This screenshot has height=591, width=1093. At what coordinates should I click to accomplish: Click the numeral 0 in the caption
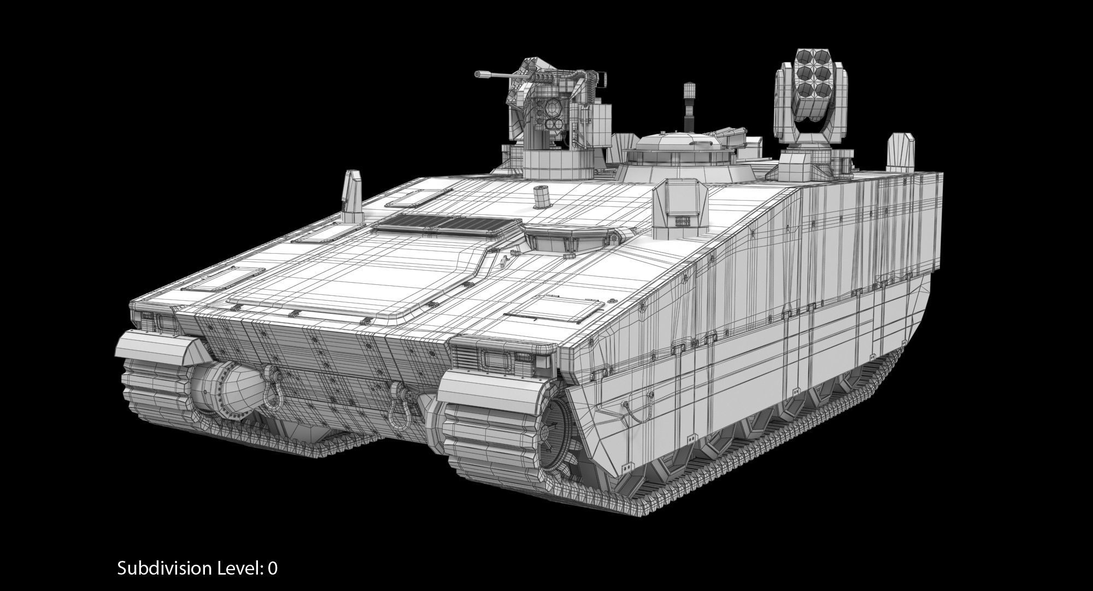point(272,569)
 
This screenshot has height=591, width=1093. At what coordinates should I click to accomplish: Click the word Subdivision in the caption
point(164,569)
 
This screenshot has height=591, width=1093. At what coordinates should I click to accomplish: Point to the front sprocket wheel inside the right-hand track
point(552,432)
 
